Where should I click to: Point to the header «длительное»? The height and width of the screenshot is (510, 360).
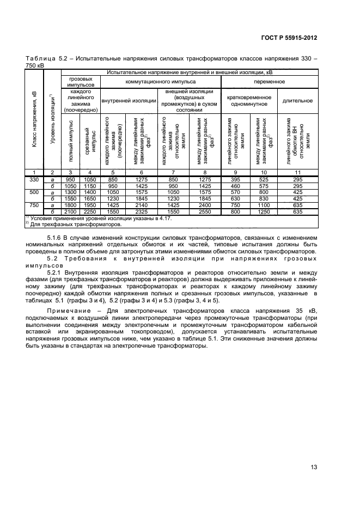pyautogui.click(x=297, y=100)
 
